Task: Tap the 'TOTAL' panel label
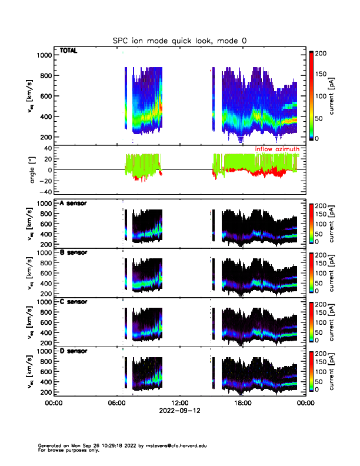coord(69,51)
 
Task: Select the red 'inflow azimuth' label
coord(277,149)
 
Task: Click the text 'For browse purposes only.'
coord(65,450)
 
